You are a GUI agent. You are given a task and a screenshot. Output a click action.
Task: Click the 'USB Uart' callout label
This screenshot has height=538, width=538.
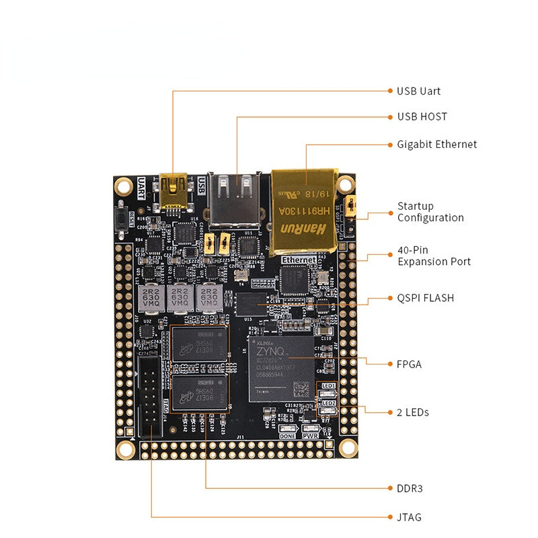(418, 91)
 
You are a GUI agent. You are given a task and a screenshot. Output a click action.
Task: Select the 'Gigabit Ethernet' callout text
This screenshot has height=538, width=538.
(436, 145)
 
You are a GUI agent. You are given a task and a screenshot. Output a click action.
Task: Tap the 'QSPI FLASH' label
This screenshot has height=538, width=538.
(425, 297)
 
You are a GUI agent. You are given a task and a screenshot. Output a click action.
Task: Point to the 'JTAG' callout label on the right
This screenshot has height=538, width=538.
(409, 517)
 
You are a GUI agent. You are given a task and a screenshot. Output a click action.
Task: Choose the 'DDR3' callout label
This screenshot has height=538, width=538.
(410, 488)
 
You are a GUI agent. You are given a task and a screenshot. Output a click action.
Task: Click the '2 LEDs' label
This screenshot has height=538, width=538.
(412, 412)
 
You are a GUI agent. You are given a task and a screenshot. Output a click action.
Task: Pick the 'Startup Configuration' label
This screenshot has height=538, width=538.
(430, 212)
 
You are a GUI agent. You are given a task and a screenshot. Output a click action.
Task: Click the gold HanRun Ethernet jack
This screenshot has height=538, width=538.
(303, 210)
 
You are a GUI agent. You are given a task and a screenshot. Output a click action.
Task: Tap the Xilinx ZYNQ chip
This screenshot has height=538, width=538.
(282, 369)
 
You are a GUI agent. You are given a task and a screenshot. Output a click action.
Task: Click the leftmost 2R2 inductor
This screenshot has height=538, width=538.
(151, 297)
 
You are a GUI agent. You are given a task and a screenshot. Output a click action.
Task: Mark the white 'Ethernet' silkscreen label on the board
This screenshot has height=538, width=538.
(299, 260)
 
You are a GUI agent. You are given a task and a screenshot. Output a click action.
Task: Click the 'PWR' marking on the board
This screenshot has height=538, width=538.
(311, 436)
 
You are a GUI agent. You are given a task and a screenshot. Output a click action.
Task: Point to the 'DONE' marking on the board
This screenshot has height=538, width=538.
(287, 436)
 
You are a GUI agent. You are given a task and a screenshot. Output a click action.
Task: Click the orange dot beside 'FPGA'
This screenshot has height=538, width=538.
(389, 364)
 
